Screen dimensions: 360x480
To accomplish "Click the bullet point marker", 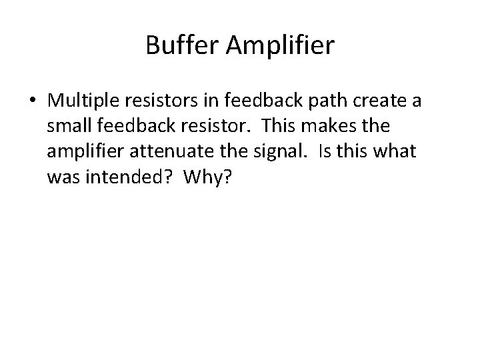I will pyautogui.click(x=32, y=101).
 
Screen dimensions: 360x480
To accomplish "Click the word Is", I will pyautogui.click(x=324, y=151).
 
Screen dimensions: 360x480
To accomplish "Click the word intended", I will pyautogui.click(x=121, y=177).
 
